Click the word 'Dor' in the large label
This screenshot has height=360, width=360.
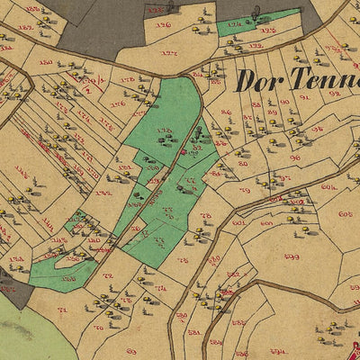point(258,81)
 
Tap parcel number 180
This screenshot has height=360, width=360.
point(45,63)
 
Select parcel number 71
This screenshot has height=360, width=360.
point(62,310)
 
